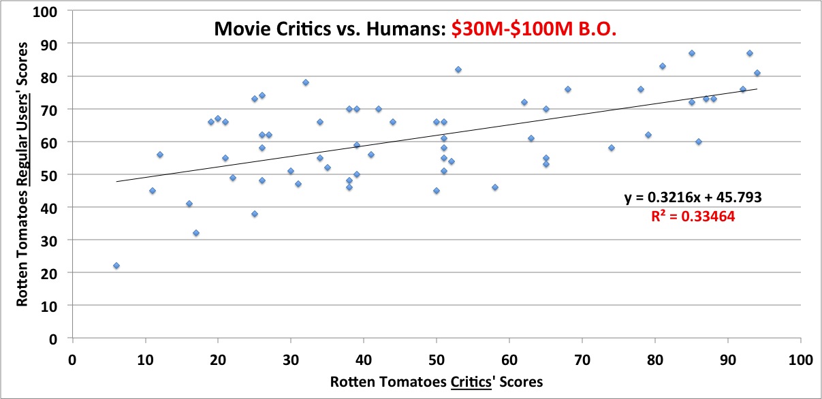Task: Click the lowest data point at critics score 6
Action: tap(116, 266)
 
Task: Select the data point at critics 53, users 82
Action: tap(458, 69)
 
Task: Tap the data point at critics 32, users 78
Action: tap(306, 82)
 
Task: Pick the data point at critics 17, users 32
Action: tap(196, 233)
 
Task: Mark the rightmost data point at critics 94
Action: tap(757, 73)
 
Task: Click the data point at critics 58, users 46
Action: tap(495, 187)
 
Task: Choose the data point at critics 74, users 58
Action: tap(612, 148)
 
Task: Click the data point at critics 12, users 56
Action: tap(160, 155)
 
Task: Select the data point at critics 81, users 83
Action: tap(662, 66)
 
